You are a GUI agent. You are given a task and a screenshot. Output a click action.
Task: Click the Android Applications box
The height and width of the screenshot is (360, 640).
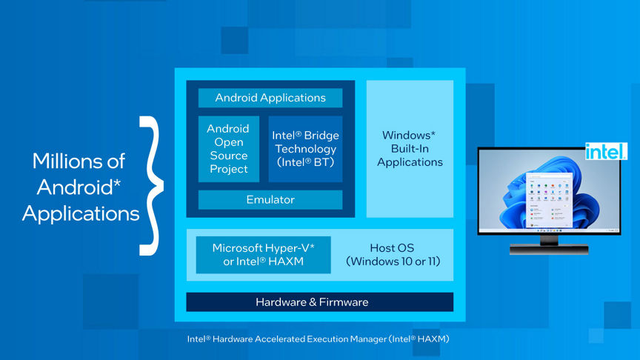coord(270,98)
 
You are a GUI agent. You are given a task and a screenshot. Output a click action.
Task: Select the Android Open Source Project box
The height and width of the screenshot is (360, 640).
coord(228,149)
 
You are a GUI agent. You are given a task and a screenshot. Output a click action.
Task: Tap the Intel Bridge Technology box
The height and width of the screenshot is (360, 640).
coord(305,149)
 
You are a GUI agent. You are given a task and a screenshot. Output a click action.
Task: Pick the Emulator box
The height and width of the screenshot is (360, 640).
coord(270,199)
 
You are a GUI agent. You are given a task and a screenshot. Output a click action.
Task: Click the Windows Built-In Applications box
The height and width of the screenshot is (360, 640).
coord(410,149)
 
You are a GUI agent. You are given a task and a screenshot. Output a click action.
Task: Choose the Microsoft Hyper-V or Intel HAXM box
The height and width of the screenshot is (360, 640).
coord(263,255)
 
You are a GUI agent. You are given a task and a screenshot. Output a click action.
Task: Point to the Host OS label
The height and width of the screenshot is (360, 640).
coord(391,248)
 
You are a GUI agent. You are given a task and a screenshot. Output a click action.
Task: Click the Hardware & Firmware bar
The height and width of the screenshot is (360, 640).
coord(319,302)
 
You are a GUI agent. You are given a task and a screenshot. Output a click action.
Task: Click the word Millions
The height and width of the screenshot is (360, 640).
coord(79,161)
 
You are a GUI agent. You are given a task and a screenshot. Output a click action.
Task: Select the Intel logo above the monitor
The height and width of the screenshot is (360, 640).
coord(606,152)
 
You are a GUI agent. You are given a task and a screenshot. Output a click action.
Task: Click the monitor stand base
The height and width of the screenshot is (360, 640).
coord(549,250)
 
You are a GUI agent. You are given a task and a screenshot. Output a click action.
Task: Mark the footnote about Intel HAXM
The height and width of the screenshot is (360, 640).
coord(318,339)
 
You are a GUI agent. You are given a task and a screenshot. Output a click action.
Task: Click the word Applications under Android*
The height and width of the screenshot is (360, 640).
coord(81,214)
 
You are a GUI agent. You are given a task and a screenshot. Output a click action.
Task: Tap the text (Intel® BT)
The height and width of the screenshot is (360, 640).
coord(305,162)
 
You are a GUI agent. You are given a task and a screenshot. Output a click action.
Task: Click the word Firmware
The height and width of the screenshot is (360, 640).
coord(343,302)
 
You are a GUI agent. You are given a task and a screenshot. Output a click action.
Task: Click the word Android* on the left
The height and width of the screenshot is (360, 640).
coord(79,187)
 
